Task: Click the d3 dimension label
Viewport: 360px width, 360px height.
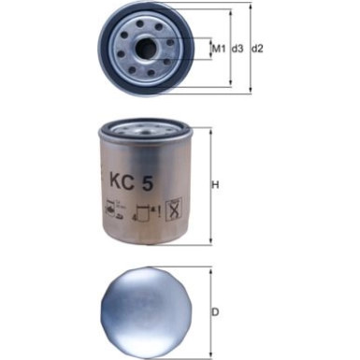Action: pos(238,48)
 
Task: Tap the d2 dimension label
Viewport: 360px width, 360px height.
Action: pos(258,48)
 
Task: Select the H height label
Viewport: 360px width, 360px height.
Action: pos(215,184)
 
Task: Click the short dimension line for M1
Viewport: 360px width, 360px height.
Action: pos(208,47)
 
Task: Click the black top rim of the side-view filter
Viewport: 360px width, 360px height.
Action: pos(146,126)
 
